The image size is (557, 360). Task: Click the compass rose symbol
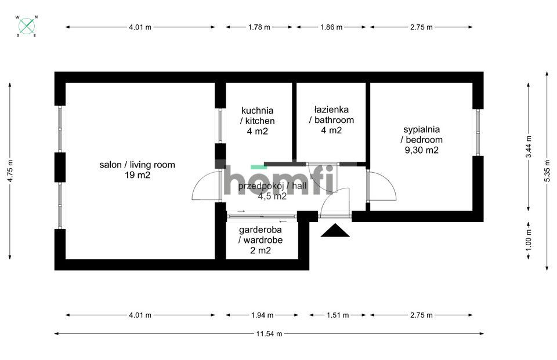click(x=27, y=26)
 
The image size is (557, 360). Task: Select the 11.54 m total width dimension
click(x=269, y=333)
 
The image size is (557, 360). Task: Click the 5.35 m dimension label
click(x=547, y=171)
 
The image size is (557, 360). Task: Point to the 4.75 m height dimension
click(x=10, y=171)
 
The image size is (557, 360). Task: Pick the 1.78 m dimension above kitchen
click(x=259, y=27)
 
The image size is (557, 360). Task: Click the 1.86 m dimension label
click(x=331, y=27)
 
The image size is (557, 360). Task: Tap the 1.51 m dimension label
click(x=337, y=315)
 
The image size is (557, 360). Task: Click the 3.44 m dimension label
click(x=528, y=147)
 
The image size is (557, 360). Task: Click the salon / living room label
click(x=137, y=165)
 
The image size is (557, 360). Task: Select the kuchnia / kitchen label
click(x=258, y=115)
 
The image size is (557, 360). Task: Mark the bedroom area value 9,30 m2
click(x=422, y=150)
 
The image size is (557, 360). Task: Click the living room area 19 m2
click(x=137, y=175)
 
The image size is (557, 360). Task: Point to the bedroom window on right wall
click(x=478, y=132)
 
